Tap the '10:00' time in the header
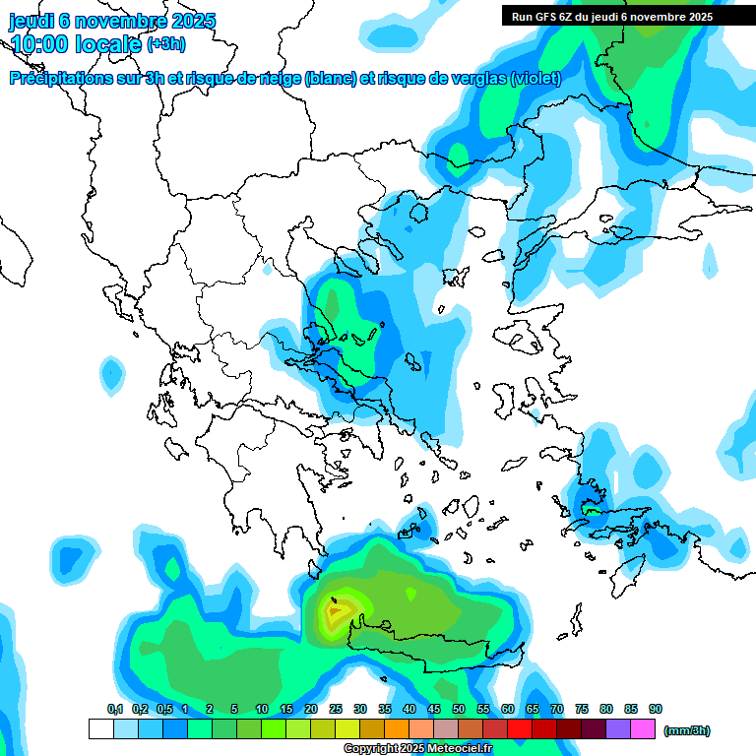click(x=41, y=44)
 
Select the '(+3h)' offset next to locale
click(x=164, y=44)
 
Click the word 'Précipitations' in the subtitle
click(x=57, y=79)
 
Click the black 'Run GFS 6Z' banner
click(x=612, y=16)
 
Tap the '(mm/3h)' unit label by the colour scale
click(x=686, y=730)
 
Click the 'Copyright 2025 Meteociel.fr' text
click(x=417, y=749)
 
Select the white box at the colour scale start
click(x=100, y=729)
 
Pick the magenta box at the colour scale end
click(x=643, y=729)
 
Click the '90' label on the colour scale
click(x=656, y=709)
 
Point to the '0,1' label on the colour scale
click(x=115, y=709)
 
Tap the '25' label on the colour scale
click(x=336, y=709)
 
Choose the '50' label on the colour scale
click(x=459, y=709)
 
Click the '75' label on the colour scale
click(x=582, y=709)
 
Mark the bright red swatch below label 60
click(x=520, y=729)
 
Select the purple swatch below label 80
click(x=618, y=729)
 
